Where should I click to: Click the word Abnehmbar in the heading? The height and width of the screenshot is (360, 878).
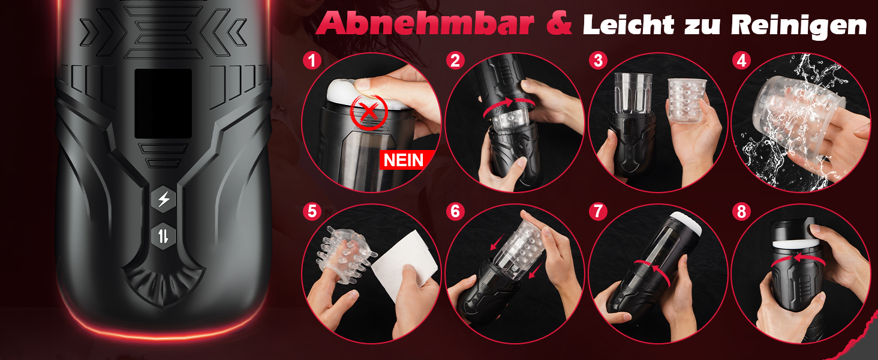click(425, 23)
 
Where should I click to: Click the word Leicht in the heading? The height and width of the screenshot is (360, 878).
click(629, 25)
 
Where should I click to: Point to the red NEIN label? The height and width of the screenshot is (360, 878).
click(404, 160)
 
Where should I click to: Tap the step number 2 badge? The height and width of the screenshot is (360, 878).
click(455, 61)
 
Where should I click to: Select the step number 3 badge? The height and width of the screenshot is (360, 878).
click(598, 61)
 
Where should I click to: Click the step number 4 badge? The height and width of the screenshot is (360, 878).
click(741, 61)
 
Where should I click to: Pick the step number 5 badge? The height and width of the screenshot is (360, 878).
click(312, 212)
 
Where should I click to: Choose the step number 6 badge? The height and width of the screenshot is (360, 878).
click(455, 212)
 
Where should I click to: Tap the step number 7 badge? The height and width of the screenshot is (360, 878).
click(598, 212)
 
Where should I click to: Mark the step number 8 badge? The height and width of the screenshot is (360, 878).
click(741, 212)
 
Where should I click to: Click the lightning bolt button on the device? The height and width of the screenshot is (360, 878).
click(164, 199)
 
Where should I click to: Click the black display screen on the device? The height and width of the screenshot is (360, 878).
click(163, 104)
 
